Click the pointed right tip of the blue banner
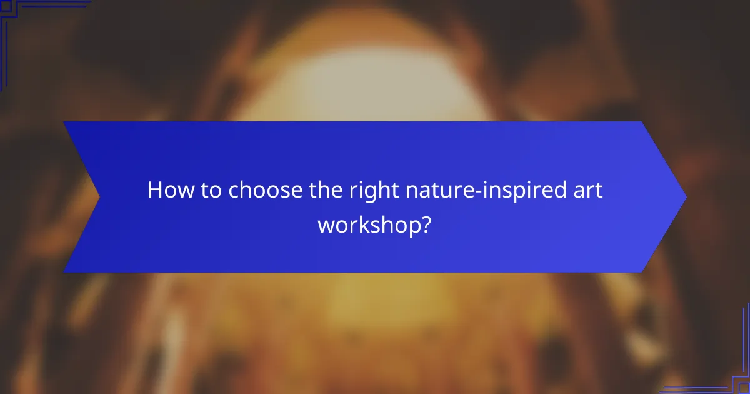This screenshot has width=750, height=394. coord(686,197)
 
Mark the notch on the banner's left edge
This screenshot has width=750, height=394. coord(99,197)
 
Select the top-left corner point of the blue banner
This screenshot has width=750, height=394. coord(64,122)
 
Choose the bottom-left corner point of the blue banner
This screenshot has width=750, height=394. coord(64,272)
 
